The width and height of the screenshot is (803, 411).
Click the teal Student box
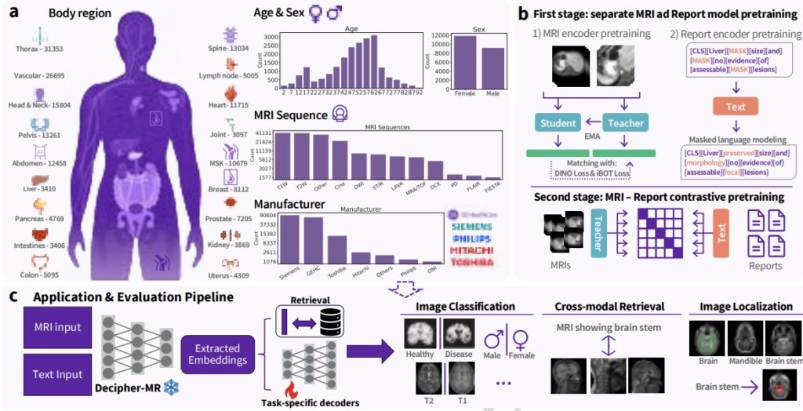[558, 122]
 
